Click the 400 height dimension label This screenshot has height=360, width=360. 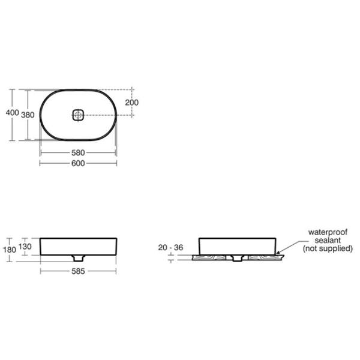tap(13, 113)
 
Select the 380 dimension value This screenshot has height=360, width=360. tap(28, 115)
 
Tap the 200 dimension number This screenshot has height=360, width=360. tap(132, 103)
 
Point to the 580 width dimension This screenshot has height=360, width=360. tap(78, 152)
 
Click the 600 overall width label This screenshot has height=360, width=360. tap(78, 163)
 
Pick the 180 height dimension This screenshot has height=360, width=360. tap(10, 250)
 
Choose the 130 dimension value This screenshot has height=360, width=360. tap(25, 247)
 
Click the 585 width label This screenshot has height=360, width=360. tap(78, 271)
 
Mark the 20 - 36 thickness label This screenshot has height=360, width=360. tap(170, 247)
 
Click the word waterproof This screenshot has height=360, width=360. tap(328, 232)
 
